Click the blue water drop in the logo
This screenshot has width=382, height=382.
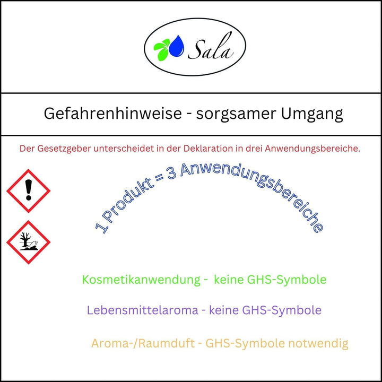coord(177,46)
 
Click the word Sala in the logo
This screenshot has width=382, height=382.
coord(211,47)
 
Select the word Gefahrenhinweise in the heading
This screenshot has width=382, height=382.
coord(113,114)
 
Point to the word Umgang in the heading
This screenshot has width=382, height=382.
coord(312,114)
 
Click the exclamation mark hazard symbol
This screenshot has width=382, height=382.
coord(28,191)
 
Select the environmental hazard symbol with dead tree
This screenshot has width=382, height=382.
coord(28,242)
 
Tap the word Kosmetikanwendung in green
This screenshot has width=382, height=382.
coord(141,280)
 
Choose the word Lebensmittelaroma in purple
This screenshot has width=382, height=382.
coord(143,310)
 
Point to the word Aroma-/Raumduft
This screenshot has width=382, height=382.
coord(143,343)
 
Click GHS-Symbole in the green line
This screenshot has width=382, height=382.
coord(286,280)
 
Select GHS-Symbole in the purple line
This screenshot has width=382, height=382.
coord(282,310)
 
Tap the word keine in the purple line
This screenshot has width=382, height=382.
coord(224,310)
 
